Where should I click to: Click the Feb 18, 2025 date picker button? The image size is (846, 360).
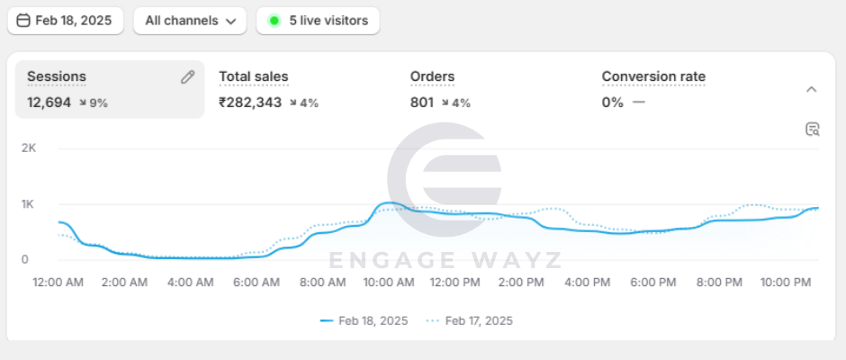(x=65, y=21)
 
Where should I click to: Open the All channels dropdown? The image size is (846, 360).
(x=189, y=21)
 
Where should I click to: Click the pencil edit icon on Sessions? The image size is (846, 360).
(x=187, y=77)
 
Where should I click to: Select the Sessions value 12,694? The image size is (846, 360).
(x=49, y=103)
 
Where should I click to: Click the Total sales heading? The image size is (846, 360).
(x=253, y=77)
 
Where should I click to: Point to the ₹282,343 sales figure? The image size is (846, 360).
(x=250, y=103)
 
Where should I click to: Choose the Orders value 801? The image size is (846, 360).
(x=422, y=103)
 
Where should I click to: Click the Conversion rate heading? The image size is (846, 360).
(x=653, y=77)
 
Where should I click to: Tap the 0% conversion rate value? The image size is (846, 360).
(x=612, y=103)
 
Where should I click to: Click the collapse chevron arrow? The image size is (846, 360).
(x=811, y=89)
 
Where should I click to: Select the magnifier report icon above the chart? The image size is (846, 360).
(x=812, y=130)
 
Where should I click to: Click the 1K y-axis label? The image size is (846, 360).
(x=28, y=204)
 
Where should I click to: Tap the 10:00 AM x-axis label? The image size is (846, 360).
(x=388, y=283)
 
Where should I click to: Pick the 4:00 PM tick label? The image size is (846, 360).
(x=587, y=283)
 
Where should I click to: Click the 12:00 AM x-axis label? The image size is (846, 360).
(x=58, y=283)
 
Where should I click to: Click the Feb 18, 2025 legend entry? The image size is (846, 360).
(x=364, y=320)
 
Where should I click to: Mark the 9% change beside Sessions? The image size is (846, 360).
(x=94, y=103)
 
